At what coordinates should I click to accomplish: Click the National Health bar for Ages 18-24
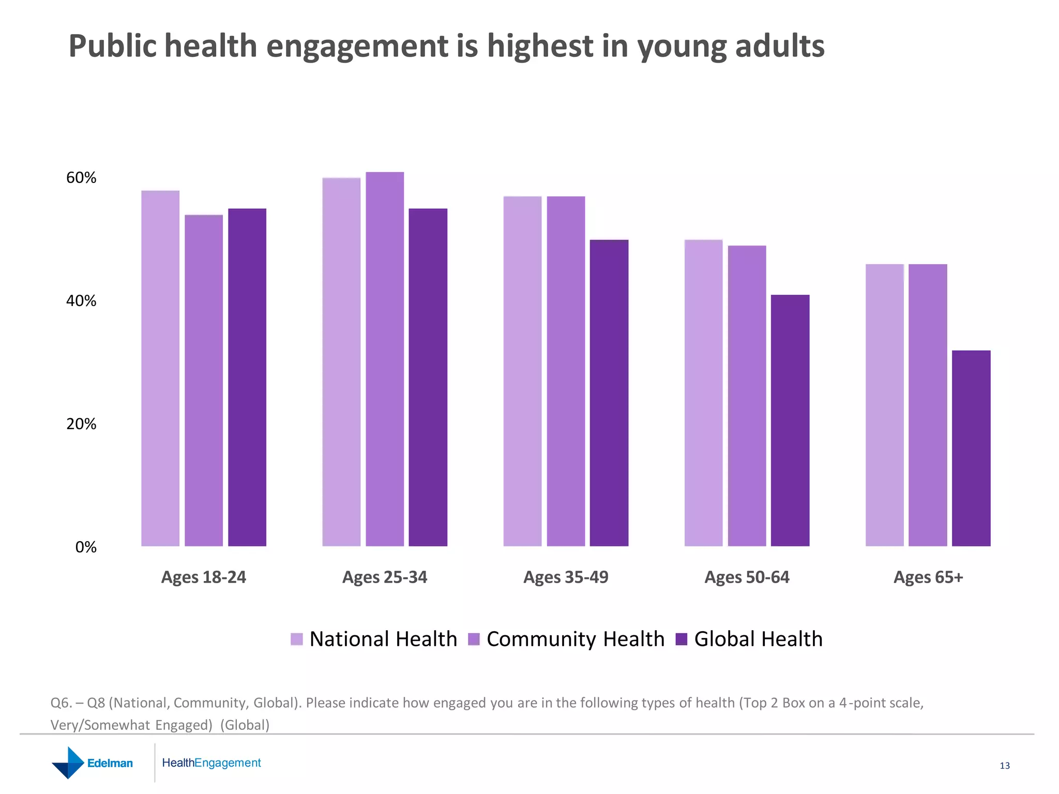point(160,368)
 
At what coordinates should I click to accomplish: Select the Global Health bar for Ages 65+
point(971,448)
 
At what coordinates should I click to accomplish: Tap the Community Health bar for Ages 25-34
point(385,359)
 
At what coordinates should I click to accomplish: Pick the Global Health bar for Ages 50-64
point(790,420)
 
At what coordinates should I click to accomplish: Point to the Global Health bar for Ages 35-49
point(609,393)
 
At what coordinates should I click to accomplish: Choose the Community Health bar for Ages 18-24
point(204,380)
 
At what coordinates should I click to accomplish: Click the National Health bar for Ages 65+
point(885,405)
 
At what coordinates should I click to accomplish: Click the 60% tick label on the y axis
point(81,178)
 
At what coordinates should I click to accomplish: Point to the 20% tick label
point(81,424)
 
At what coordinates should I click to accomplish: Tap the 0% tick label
point(86,547)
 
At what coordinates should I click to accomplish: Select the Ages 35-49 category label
point(566,577)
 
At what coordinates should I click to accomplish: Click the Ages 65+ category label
point(928,577)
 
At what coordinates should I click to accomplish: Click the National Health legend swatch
point(297,639)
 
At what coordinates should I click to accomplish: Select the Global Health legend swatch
point(682,639)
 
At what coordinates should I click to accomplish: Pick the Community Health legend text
point(575,639)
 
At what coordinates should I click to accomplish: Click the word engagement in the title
point(357,47)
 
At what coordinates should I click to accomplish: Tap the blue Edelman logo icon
point(68,762)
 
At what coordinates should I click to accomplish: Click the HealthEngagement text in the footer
point(211,763)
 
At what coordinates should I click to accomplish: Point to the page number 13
point(1005,766)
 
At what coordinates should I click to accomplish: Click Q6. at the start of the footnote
point(61,703)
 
